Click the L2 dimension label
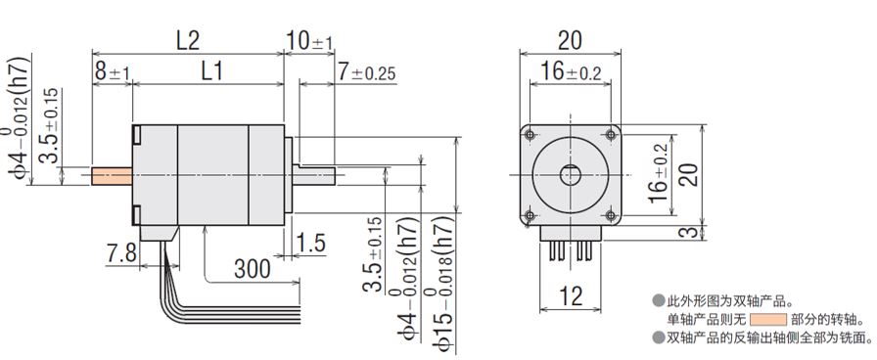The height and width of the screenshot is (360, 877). [188, 41]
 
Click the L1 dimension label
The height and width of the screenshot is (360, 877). [211, 71]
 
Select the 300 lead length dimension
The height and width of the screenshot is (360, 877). [253, 269]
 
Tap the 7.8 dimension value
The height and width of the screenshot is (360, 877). [120, 253]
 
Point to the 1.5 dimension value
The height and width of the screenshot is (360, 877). [310, 244]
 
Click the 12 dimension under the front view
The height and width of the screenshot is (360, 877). [570, 296]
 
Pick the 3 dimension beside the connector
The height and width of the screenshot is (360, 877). [692, 232]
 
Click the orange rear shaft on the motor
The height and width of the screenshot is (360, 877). [112, 175]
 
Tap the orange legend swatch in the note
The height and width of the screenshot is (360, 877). [768, 320]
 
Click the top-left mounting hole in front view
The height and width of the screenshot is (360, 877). [531, 135]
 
